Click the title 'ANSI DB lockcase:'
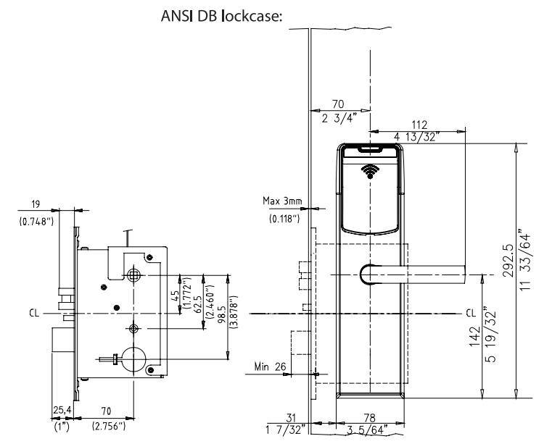pyautogui.click(x=221, y=17)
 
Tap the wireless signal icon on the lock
pyautogui.click(x=371, y=172)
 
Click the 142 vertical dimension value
pyautogui.click(x=474, y=335)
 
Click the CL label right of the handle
pyautogui.click(x=472, y=314)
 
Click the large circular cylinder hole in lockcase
pyautogui.click(x=133, y=359)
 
